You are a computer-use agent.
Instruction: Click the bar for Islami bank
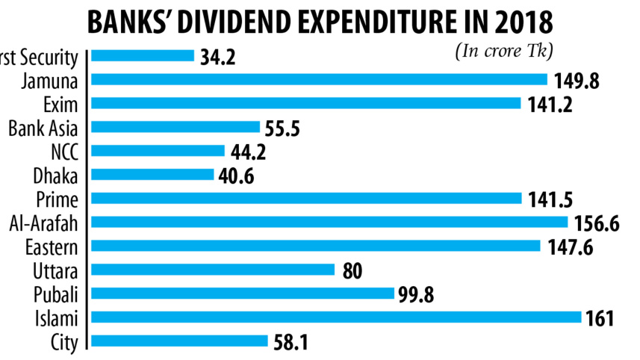click(x=336, y=317)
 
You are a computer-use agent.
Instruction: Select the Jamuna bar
click(x=320, y=78)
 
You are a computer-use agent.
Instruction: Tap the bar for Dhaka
click(x=153, y=174)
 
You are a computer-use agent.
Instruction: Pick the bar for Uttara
click(x=213, y=270)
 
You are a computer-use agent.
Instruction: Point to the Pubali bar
click(x=243, y=294)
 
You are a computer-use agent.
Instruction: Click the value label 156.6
click(x=597, y=223)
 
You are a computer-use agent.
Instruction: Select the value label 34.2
click(x=218, y=56)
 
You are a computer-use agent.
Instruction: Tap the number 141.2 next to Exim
click(x=550, y=104)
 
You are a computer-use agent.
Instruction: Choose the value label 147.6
click(x=569, y=247)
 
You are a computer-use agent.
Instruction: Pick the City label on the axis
click(x=64, y=341)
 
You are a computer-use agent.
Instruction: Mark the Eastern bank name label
click(x=52, y=246)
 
